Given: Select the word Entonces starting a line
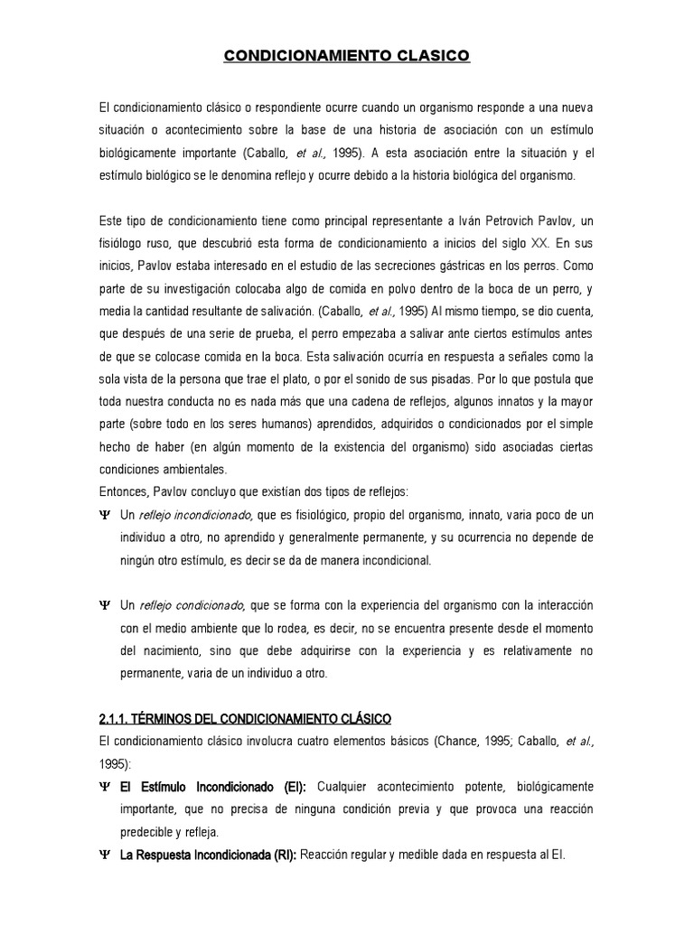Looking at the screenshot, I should (x=126, y=491).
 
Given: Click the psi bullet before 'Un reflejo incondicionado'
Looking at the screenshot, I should (x=104, y=515).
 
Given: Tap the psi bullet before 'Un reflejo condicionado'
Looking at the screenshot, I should (x=104, y=604).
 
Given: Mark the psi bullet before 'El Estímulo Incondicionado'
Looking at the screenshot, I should (x=104, y=787).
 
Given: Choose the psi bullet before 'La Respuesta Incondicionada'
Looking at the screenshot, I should (x=104, y=855).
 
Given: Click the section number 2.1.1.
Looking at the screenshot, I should (x=116, y=718).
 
